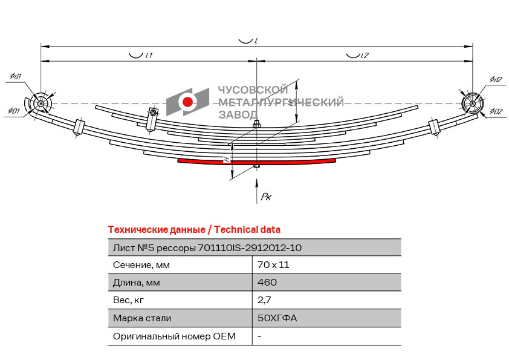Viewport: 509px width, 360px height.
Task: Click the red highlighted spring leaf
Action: pos(256,162)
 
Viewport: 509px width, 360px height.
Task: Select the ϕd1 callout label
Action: pos(16,76)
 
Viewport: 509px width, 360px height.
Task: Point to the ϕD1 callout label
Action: pos(15,111)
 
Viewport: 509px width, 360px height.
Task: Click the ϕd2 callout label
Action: pos(495,79)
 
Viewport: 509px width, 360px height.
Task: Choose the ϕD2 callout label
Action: pos(496,111)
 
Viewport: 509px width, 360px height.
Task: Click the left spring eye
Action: pos(41,104)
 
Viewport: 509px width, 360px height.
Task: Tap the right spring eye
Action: pos(471,103)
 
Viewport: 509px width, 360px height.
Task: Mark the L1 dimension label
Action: pos(148,55)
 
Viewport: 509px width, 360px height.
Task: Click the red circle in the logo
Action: pos(188,102)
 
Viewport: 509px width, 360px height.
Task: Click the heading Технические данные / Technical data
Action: pos(193,230)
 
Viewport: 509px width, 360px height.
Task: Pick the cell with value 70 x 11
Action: pos(269,265)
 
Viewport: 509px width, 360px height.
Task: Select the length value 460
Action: pos(267,283)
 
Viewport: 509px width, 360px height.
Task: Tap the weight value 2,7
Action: pos(264,300)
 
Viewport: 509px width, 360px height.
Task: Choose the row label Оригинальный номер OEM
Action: pos(174,336)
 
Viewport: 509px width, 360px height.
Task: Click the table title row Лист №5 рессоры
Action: pos(207,247)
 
